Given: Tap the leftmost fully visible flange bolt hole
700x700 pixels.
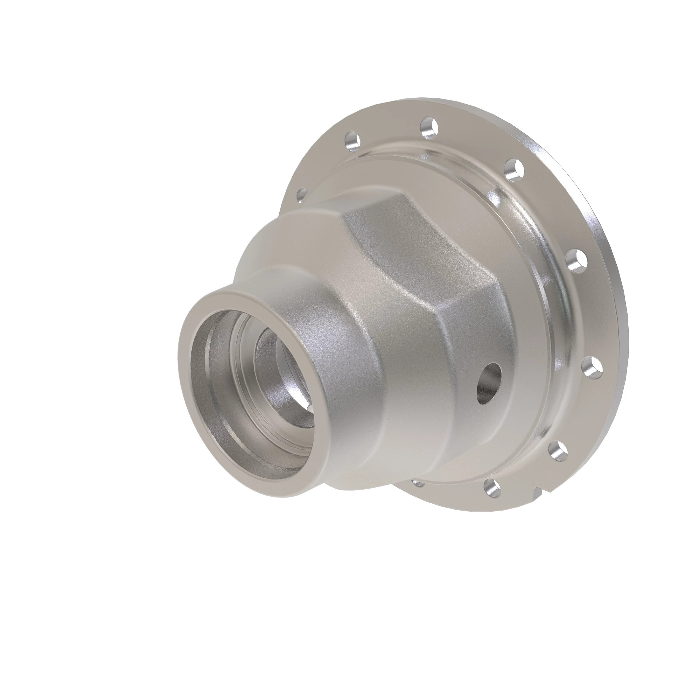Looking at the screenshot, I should [352, 141].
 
